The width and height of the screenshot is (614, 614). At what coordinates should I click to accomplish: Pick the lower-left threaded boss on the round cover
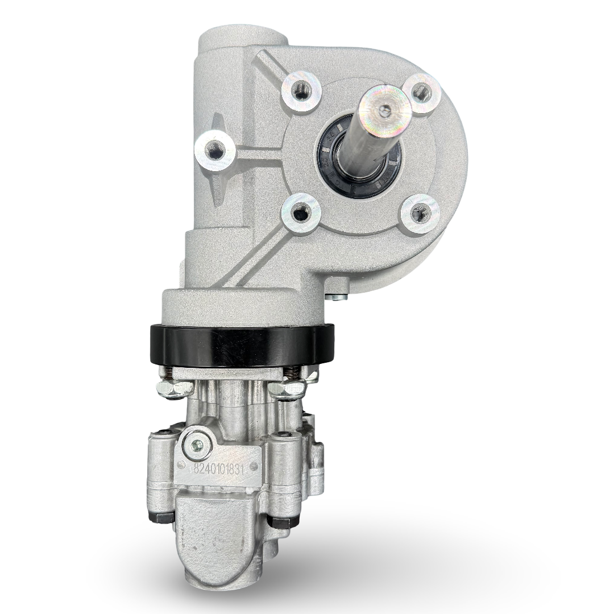point(300,214)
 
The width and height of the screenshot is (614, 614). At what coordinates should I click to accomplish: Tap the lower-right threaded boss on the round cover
point(420,214)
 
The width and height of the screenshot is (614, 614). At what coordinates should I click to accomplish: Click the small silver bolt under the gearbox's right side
point(338,296)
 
